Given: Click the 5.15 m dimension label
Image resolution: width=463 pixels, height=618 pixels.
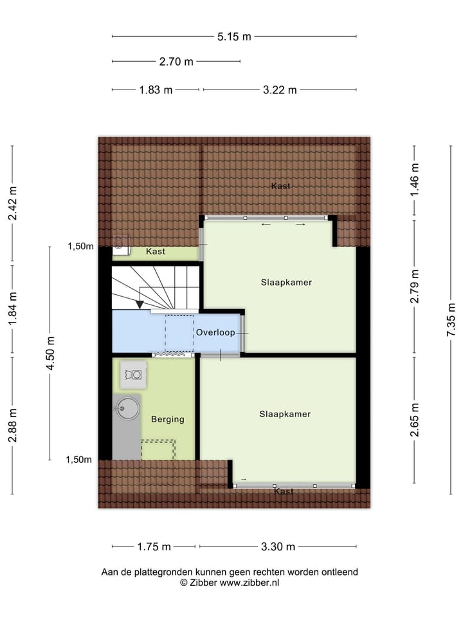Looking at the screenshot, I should coord(234,37).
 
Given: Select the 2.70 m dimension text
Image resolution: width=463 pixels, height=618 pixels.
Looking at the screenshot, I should coord(176,62).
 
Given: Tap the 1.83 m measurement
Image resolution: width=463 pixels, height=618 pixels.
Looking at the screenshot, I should coord(156,90).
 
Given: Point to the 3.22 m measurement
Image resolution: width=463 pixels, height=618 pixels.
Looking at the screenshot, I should coord(280,90).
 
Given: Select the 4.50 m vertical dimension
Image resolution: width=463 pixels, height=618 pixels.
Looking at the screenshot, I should coord(50,352).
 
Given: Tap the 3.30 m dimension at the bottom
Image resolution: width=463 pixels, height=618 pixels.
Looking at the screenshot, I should coord(278,547).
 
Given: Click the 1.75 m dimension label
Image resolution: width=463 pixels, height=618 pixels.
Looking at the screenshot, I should coord(154,547).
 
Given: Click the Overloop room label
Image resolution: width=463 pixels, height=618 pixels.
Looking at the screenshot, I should coord(215,333).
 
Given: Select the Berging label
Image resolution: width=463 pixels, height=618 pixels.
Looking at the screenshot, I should coord(167,419).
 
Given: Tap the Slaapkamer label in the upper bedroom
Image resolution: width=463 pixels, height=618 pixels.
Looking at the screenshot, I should coord(282,282).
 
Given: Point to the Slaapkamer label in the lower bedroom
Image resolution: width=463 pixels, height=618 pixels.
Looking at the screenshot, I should coord(285,414).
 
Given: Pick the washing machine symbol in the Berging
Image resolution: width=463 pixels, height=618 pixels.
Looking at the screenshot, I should coord(135,374).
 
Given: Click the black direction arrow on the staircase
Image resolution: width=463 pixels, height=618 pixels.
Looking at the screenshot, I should coord(140,304).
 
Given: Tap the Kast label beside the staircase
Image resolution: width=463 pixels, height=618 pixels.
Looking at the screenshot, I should coord(155,252).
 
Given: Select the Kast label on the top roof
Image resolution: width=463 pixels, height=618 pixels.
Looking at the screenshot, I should coord(281,186).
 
